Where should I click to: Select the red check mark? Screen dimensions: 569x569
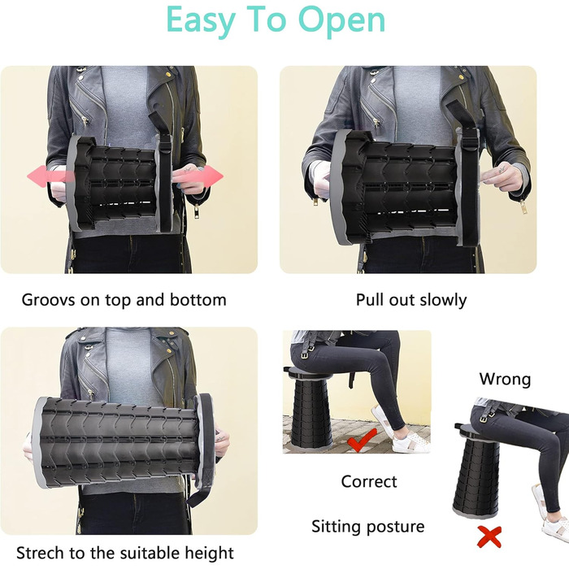pyautogui.click(x=362, y=440)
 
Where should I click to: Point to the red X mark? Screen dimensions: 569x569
pyautogui.click(x=489, y=536)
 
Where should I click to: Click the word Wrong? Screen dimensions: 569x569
pyautogui.click(x=505, y=380)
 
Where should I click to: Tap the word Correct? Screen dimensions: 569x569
pyautogui.click(x=369, y=481)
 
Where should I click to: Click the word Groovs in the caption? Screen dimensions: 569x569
pyautogui.click(x=49, y=301)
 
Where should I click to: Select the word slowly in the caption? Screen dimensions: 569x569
pyautogui.click(x=443, y=300)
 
